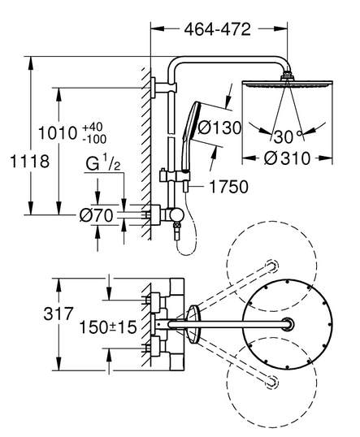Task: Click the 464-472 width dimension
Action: [x=218, y=29]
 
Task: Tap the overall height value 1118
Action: [x=29, y=162]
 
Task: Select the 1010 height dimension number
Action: [x=58, y=133]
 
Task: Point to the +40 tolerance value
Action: [x=93, y=127]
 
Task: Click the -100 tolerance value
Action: [x=94, y=139]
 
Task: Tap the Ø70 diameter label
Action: [x=97, y=215]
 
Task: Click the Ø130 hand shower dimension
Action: [x=219, y=128]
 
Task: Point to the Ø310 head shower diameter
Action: [x=287, y=158]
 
